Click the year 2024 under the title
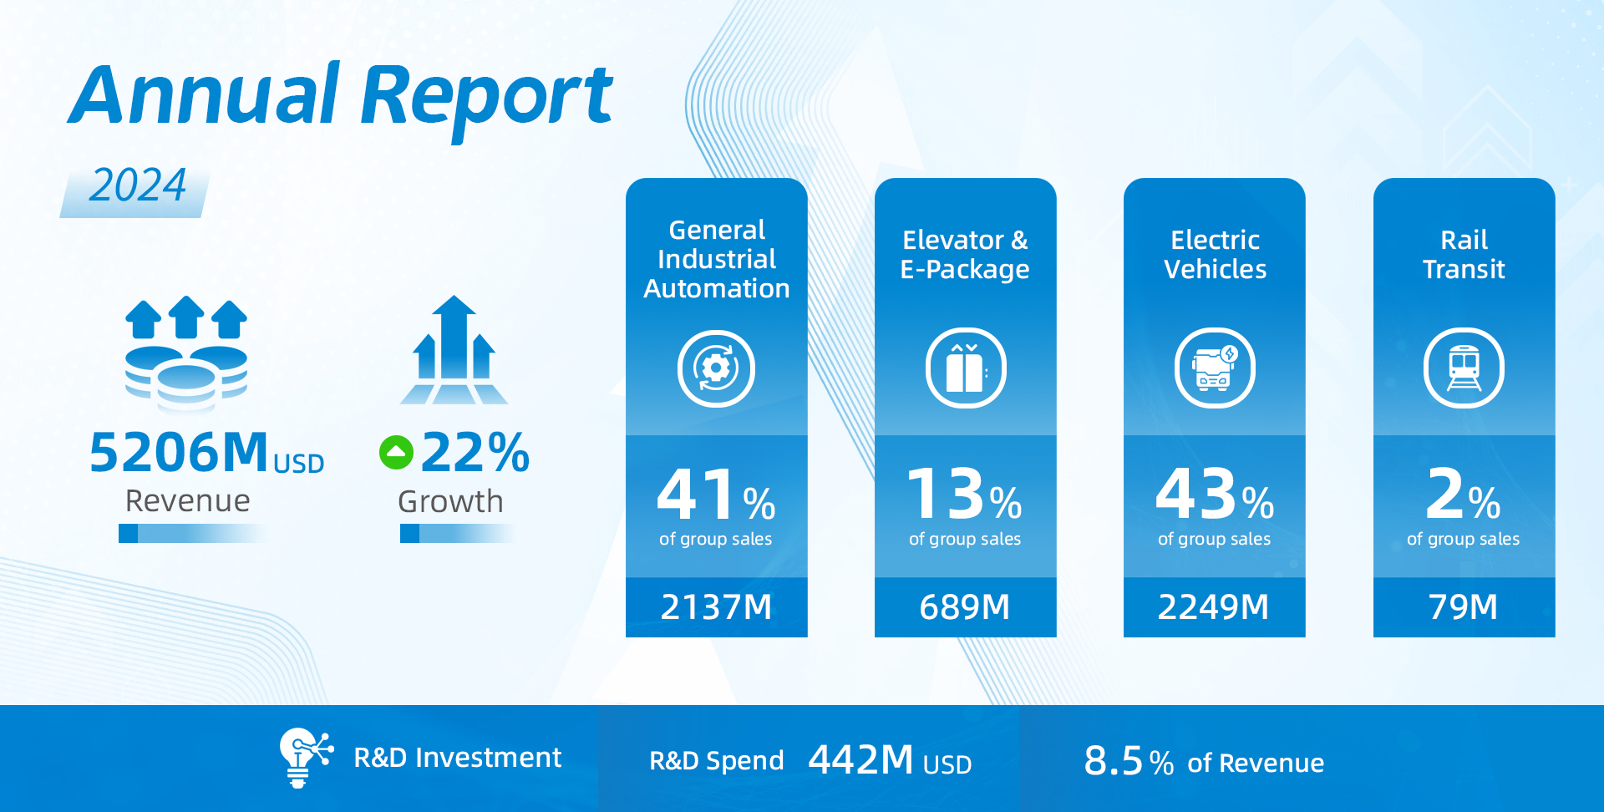[x=138, y=185]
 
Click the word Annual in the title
[x=205, y=94]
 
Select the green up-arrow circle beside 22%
[x=396, y=453]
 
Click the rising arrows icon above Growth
[x=454, y=351]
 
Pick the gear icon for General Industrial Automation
[x=716, y=368]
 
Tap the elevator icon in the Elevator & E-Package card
[x=965, y=368]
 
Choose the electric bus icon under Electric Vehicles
[x=1215, y=368]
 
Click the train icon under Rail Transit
[x=1464, y=368]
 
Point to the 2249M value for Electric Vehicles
[x=1214, y=607]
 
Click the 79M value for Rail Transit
[x=1464, y=607]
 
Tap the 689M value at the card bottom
[x=965, y=607]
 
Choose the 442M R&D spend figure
[x=861, y=760]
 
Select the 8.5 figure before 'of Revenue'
[x=1113, y=761]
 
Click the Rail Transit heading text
[x=1464, y=255]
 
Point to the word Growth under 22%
[x=450, y=502]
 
